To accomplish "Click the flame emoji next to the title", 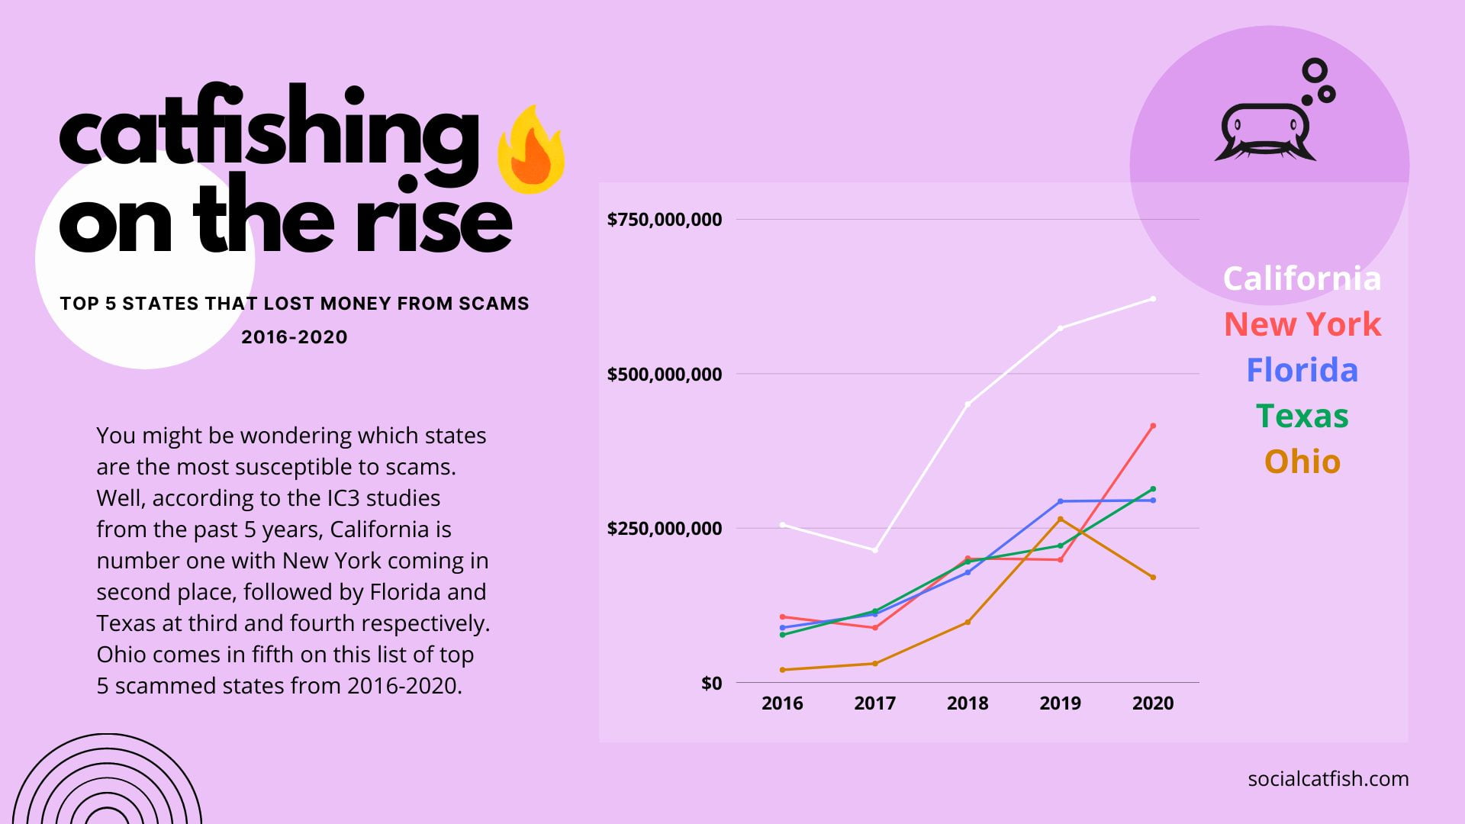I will [531, 150].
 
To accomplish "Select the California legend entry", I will [1302, 278].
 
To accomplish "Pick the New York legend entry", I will [1302, 324].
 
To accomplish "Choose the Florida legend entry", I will [1302, 370].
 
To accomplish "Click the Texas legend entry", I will [1302, 416].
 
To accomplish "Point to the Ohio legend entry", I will [1302, 462].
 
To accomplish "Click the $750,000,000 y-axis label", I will [664, 220].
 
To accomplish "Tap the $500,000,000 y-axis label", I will [664, 374].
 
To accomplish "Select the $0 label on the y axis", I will [711, 683].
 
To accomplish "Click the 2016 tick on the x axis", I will [782, 703].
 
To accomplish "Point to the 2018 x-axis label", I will [968, 703].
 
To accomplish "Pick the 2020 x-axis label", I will [1153, 703].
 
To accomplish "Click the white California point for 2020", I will [1153, 299].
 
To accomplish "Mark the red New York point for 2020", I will [1153, 426].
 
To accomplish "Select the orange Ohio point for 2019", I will [1060, 520].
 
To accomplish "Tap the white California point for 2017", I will [875, 550].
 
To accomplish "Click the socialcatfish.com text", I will [1328, 779].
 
